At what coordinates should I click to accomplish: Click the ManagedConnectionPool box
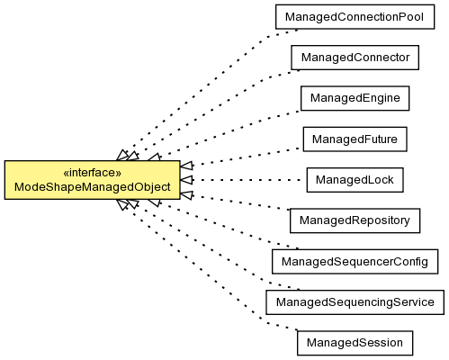355,17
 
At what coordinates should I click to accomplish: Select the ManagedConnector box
355,58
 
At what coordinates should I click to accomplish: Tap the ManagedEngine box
355,98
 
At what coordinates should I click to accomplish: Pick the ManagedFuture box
355,139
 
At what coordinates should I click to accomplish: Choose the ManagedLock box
355,180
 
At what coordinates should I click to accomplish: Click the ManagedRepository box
355,220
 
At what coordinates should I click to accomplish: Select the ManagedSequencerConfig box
355,261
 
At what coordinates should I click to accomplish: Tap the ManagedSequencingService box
355,302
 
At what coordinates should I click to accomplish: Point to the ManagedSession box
355,343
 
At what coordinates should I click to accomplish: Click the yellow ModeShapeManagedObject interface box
93,180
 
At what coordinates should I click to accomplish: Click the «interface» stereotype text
93,173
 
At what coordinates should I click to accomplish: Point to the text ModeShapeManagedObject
93,187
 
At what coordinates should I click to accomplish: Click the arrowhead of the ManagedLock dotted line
186,180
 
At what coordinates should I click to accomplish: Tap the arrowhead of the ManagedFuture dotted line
187,166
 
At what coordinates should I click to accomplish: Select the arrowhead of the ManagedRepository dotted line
187,194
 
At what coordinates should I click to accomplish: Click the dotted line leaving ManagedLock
247,180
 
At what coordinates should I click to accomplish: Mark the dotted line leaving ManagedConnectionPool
211,90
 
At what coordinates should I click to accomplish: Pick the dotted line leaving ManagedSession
211,269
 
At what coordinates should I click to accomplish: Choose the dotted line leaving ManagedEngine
230,132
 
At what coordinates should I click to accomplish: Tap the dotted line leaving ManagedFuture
247,157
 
